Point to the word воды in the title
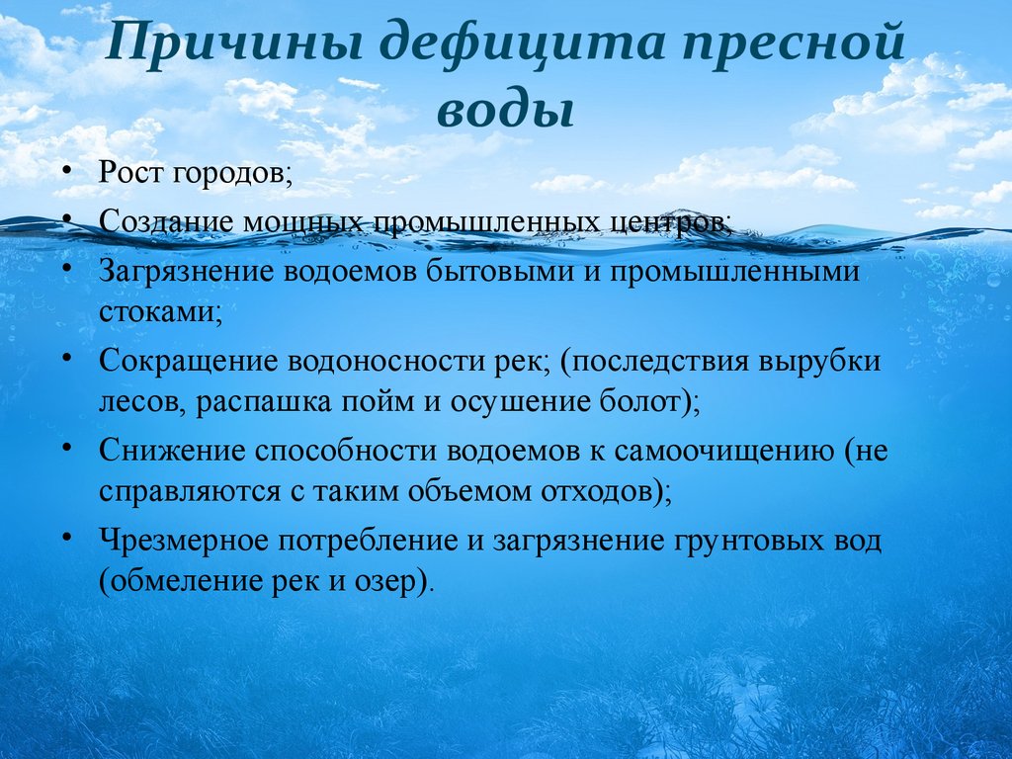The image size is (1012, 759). (506, 111)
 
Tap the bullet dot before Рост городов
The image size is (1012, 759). (67, 172)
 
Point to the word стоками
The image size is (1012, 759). (161, 312)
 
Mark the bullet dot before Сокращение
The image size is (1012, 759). (67, 358)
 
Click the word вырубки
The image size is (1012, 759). (819, 362)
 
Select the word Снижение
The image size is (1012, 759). (172, 451)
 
